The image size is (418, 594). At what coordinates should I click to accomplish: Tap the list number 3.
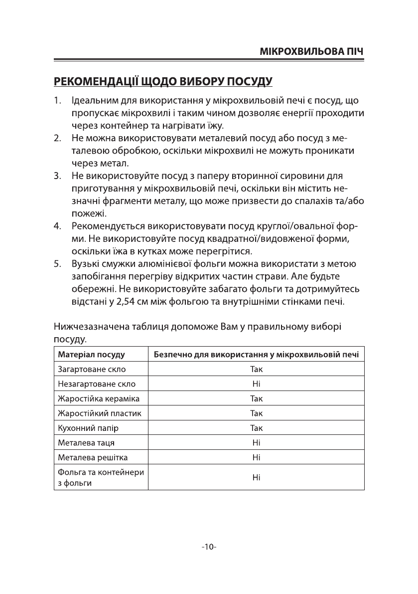click(x=57, y=176)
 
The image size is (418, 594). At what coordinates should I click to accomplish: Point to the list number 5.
click(x=57, y=263)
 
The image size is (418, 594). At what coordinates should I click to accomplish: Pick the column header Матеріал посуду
click(x=91, y=355)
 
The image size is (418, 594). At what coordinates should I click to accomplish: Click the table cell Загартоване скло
click(x=92, y=370)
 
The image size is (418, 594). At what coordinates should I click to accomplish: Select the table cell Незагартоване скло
click(x=97, y=384)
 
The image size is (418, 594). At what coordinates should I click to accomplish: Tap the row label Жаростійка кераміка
click(x=99, y=399)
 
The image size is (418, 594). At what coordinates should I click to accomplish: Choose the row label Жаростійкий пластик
click(x=100, y=413)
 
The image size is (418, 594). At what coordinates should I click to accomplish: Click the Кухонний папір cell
click(x=88, y=428)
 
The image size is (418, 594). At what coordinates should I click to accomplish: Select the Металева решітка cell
click(x=93, y=457)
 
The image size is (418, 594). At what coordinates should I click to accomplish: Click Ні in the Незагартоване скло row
click(x=256, y=384)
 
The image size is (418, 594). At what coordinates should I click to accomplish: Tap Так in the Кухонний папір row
click(x=256, y=428)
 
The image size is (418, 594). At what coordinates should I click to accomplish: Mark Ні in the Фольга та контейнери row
click(x=256, y=477)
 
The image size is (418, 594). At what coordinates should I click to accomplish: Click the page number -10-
click(x=209, y=547)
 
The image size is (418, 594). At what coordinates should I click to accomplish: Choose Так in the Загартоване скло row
click(x=256, y=370)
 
